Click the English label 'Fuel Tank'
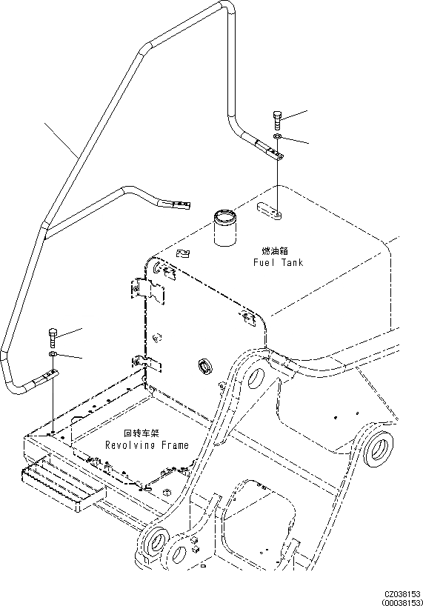coord(278,262)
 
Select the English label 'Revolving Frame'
coord(146,445)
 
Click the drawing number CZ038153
coord(402,594)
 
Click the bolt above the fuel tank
coord(276,118)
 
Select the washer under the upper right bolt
coord(277,138)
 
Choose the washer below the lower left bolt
coord(53,356)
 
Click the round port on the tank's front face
coord(203,366)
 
